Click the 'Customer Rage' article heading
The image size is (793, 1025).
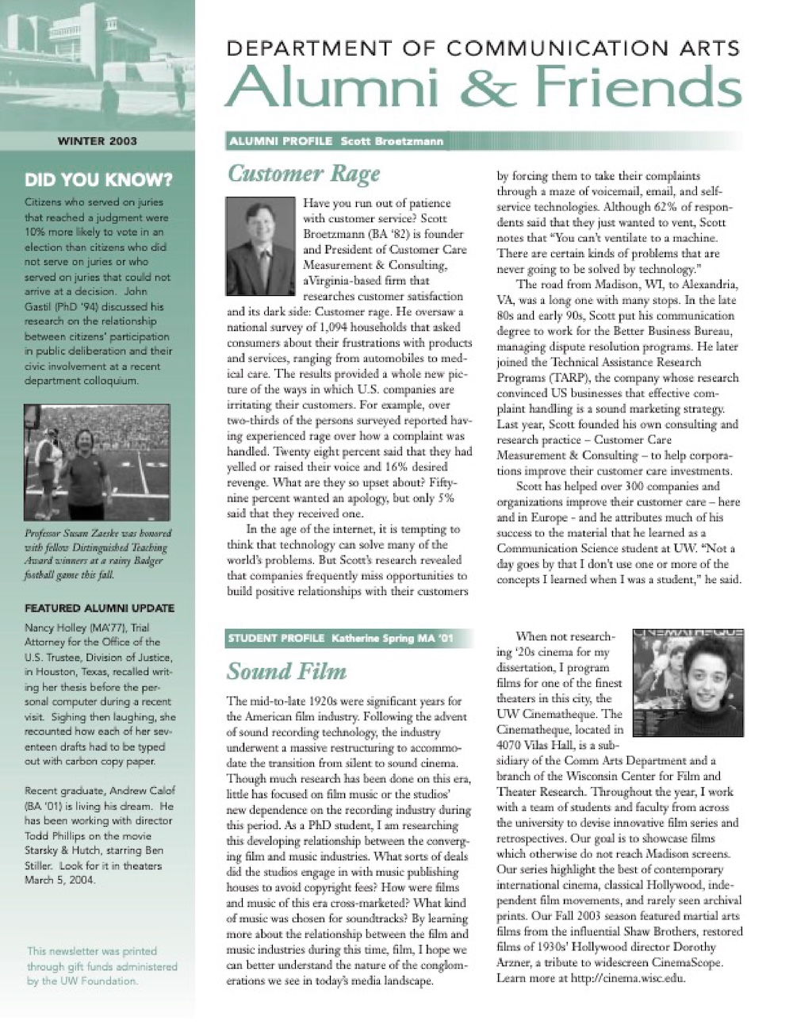click(x=304, y=173)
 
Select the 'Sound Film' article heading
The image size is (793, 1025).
click(x=286, y=671)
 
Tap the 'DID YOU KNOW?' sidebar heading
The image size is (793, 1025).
click(x=98, y=179)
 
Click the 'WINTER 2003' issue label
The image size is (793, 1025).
click(x=98, y=141)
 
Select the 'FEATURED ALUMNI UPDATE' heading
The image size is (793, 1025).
click(x=99, y=608)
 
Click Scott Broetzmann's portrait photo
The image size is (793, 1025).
click(x=261, y=246)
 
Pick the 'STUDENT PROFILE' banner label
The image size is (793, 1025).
click(x=276, y=638)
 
